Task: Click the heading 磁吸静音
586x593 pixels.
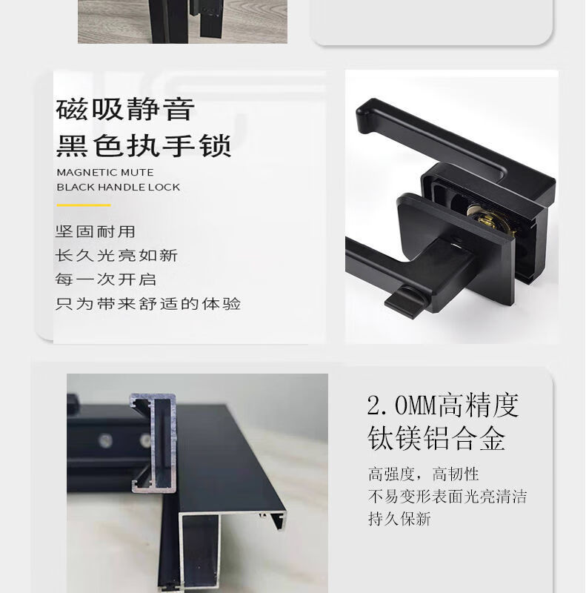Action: (125, 109)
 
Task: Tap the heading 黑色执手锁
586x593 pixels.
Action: (143, 145)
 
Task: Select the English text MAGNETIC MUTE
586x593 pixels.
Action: (105, 173)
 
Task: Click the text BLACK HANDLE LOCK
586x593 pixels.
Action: (119, 188)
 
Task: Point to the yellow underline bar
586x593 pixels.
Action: (84, 205)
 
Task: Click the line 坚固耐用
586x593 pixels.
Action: (95, 231)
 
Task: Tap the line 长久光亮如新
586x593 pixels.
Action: (116, 256)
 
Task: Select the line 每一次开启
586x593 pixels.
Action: (105, 279)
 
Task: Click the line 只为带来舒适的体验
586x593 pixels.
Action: (148, 304)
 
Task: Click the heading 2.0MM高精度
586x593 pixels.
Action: (443, 405)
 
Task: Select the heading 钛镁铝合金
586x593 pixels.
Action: (436, 438)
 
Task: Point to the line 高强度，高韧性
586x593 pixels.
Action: (424, 474)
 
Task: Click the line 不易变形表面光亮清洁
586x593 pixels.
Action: (447, 496)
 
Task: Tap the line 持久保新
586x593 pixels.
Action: (399, 518)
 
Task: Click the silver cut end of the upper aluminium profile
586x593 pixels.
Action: (153, 443)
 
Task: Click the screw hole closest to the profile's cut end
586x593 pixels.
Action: (144, 440)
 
